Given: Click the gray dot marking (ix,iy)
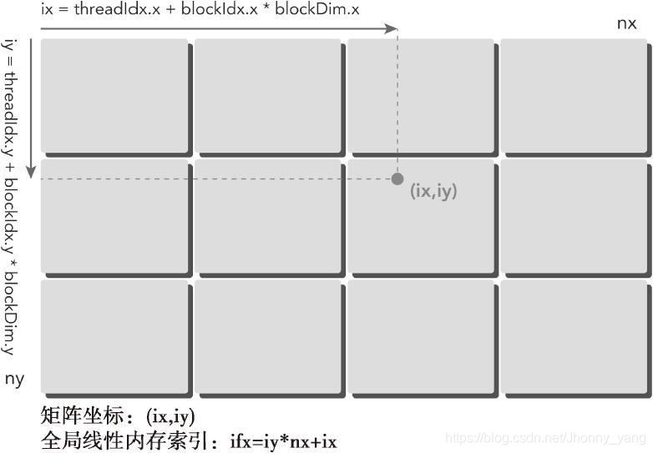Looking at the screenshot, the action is coord(397,179).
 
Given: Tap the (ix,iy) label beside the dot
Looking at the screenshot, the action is coord(434,191).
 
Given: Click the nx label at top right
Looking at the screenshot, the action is coord(626,23).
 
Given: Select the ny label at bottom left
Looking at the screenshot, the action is coord(15,380).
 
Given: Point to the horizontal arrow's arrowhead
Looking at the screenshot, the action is coord(392,28).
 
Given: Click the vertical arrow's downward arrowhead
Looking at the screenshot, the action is coord(31,172).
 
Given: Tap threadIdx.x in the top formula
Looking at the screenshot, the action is coord(109,10).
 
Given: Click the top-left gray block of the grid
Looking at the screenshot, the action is coord(114,97).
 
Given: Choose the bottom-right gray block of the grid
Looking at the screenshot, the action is coord(574,335).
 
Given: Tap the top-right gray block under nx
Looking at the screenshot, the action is coord(574,97).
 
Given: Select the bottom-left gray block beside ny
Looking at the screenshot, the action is coord(114,335).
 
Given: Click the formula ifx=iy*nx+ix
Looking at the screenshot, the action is coord(283,440).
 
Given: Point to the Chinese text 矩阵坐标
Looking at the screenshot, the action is coord(84,415).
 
